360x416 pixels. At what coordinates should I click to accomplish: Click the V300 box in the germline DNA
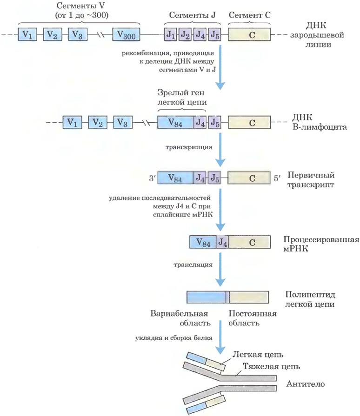[126, 34]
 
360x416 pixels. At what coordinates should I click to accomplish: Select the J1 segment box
[170, 34]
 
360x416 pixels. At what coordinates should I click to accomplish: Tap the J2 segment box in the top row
[185, 34]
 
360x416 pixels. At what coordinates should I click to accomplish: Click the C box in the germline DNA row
[249, 34]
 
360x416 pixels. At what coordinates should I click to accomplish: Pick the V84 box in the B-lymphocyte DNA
[175, 122]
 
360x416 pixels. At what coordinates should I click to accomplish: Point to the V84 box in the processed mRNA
[203, 242]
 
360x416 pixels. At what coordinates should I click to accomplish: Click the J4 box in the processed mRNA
[222, 242]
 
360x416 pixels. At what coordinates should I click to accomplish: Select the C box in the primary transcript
[249, 178]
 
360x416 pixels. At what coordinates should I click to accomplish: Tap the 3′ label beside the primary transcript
[152, 178]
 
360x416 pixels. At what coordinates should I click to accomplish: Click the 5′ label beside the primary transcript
[277, 178]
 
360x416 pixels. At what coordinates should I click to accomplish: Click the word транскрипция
[189, 147]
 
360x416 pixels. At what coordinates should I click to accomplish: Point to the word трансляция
[193, 264]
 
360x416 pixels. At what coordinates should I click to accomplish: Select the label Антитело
[305, 384]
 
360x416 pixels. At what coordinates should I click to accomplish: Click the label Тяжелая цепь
[271, 366]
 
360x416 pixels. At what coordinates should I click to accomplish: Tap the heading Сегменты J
[192, 15]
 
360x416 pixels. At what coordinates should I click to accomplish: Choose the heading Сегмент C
[250, 15]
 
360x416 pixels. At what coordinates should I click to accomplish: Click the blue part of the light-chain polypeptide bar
[207, 297]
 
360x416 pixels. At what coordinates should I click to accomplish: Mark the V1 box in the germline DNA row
[27, 34]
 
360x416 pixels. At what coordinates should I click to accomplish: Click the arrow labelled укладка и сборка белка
[220, 337]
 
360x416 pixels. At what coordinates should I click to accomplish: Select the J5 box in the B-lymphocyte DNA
[214, 122]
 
